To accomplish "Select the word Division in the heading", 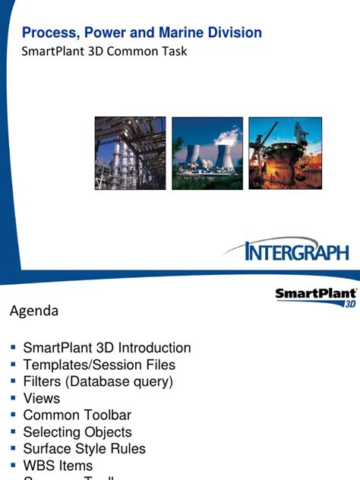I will (x=232, y=33).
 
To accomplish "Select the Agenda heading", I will (x=33, y=311).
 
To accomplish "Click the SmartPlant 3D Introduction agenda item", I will (x=107, y=348).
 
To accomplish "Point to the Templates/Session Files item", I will (x=99, y=365).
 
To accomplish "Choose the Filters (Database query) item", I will (x=99, y=381).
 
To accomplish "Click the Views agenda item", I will (x=42, y=398).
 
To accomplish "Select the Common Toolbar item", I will (x=77, y=415).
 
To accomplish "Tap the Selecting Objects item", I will (x=77, y=432).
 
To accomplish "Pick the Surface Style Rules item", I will (x=84, y=449).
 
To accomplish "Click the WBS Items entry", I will (x=58, y=466).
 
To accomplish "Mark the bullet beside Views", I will (x=13, y=397).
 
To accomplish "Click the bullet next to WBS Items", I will (x=13, y=465).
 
